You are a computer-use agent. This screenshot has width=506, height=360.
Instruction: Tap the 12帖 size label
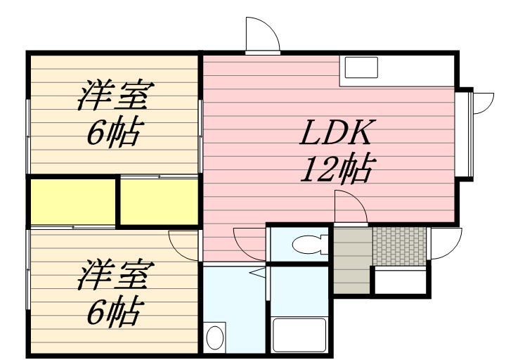336,169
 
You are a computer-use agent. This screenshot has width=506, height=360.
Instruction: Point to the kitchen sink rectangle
360,69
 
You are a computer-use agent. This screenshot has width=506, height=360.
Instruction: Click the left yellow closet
72,201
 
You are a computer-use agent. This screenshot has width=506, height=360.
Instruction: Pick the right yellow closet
160,202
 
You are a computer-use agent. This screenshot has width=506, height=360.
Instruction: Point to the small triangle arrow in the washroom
258,271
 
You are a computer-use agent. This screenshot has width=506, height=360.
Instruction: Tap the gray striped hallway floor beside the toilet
351,260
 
